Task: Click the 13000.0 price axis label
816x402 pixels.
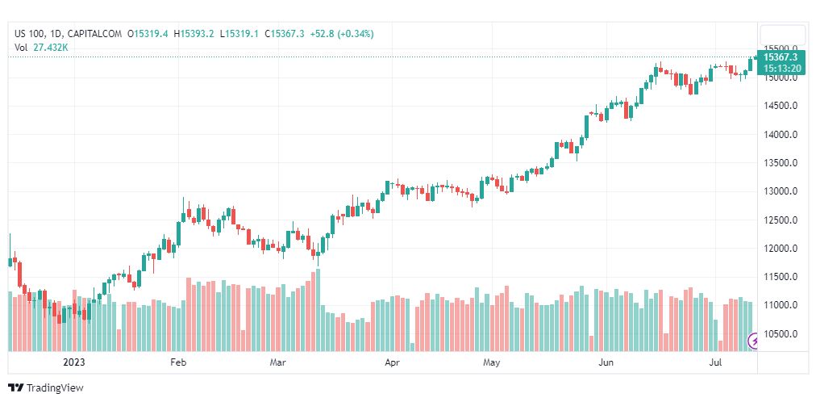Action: tap(781, 191)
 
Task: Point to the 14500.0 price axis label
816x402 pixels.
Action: tap(781, 106)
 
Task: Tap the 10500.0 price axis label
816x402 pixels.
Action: tap(781, 334)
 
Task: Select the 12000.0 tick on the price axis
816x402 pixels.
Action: tap(781, 249)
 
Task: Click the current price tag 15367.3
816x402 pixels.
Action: tap(781, 57)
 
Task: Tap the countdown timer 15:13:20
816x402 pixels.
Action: tap(781, 68)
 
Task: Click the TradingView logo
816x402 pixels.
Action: tap(46, 388)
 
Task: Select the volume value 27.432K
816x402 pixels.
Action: tap(51, 48)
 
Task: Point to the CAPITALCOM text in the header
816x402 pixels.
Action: tap(94, 33)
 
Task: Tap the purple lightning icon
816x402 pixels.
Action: tap(756, 341)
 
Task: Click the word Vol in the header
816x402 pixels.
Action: tap(21, 48)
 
